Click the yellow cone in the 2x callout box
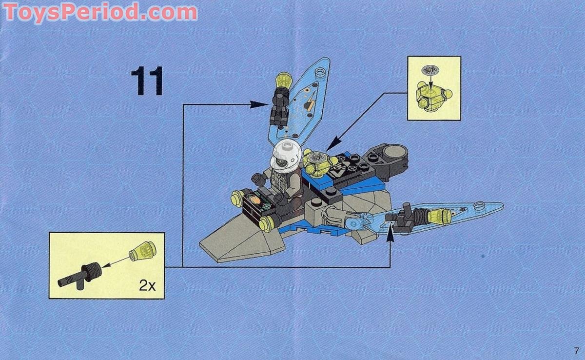(x=142, y=250)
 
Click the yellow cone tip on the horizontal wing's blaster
(x=442, y=216)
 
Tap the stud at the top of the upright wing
(x=321, y=74)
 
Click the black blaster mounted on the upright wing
(x=279, y=108)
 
